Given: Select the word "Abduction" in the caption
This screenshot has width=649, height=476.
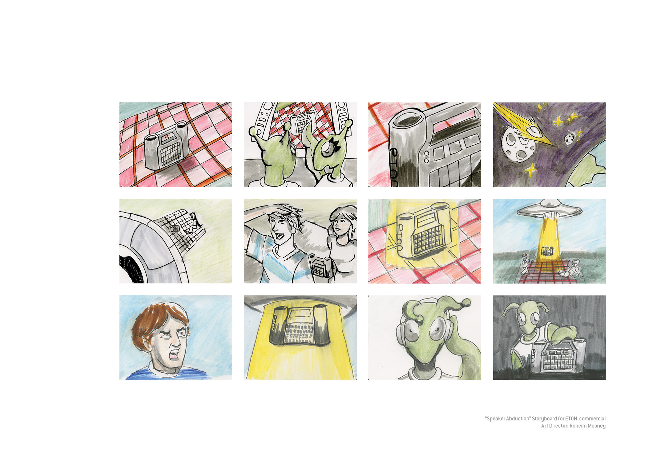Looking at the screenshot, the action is [519, 419].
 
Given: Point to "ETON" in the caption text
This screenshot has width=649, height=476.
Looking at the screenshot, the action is [571, 419].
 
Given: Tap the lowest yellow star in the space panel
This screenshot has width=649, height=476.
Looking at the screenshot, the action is [530, 170].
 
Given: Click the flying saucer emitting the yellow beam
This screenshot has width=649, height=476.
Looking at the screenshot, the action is [549, 207].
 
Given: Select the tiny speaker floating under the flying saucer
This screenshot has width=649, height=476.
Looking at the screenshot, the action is [547, 251].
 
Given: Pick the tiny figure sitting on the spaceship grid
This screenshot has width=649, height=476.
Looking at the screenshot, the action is [194, 221].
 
